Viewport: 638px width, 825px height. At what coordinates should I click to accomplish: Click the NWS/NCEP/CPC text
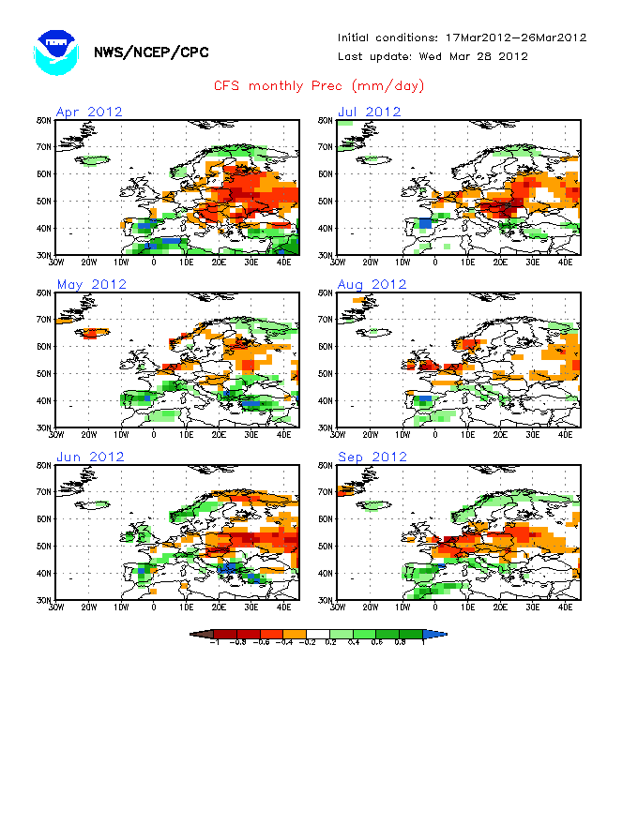(x=151, y=52)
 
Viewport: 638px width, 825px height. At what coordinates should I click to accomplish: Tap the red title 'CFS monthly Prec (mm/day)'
(x=319, y=86)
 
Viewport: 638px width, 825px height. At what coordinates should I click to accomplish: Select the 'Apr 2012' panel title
(x=89, y=112)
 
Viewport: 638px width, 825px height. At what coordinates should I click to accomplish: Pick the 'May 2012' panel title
(x=91, y=284)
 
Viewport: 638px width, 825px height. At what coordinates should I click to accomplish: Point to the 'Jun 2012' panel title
(x=90, y=457)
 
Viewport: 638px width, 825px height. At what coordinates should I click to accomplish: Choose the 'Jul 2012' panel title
(x=370, y=112)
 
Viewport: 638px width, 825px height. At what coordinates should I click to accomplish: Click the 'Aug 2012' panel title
(x=372, y=284)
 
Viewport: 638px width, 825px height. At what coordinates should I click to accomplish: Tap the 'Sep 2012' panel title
(x=372, y=457)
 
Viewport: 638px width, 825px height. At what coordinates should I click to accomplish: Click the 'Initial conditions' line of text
(x=462, y=37)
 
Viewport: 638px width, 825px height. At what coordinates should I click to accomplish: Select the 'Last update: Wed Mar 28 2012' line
(x=433, y=56)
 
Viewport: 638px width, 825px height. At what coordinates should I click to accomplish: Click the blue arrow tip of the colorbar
(x=442, y=634)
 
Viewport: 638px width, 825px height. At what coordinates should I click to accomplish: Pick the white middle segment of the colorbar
(x=319, y=634)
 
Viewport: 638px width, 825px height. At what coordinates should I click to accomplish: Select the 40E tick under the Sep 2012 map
(x=565, y=607)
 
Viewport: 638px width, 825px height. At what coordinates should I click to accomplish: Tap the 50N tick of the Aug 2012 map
(x=325, y=374)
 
